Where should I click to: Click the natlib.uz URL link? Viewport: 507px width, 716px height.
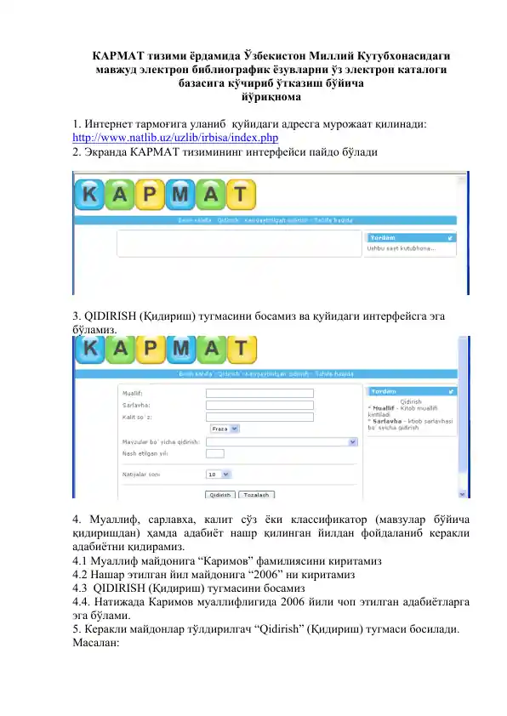pos(176,138)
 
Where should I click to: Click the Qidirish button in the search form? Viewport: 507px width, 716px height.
pos(219,494)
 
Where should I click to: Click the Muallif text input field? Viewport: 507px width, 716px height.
pos(259,394)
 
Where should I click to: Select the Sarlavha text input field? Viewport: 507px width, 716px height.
pos(259,406)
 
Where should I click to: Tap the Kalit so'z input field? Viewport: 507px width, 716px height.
pos(259,418)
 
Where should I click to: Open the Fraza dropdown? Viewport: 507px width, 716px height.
pos(225,429)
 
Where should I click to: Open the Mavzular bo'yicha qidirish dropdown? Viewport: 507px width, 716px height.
pos(280,442)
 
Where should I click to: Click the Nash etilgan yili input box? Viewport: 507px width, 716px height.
pos(215,454)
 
